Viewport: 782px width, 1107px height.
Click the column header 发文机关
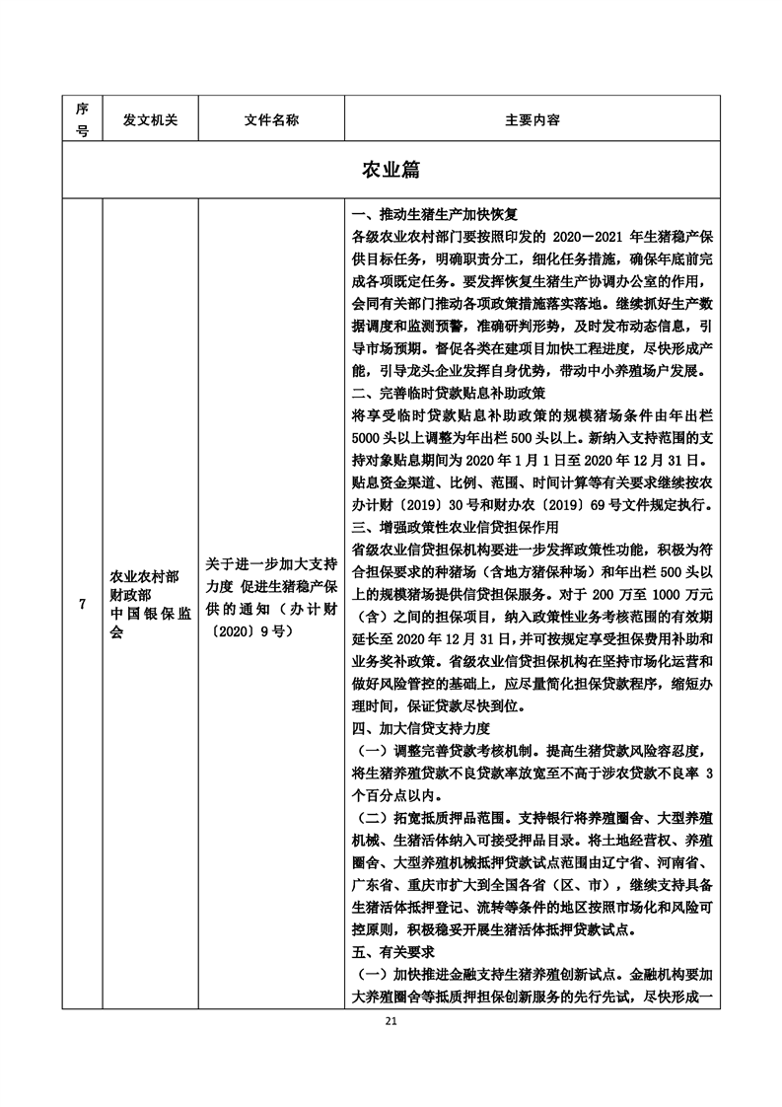pyautogui.click(x=150, y=119)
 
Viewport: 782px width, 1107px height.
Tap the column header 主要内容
pyautogui.click(x=533, y=119)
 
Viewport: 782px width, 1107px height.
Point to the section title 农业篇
pyautogui.click(x=391, y=170)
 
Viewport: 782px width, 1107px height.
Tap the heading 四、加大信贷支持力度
pyautogui.click(x=421, y=729)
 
